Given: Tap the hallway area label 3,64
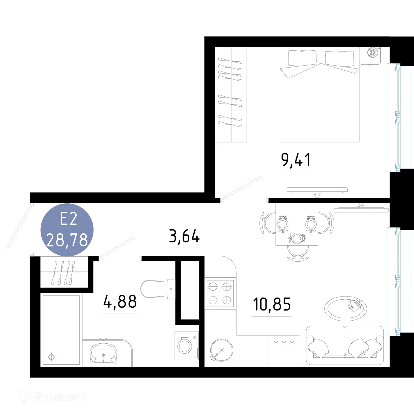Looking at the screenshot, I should [x=184, y=236].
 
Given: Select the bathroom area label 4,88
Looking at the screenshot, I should [x=120, y=302].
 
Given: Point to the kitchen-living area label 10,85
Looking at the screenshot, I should [x=272, y=304].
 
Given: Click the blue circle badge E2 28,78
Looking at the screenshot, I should [x=67, y=230].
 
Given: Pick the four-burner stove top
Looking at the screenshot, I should [x=220, y=293].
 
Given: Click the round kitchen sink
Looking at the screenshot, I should [x=221, y=350].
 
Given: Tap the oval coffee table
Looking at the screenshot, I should [x=345, y=309].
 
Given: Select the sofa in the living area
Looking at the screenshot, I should [x=345, y=345].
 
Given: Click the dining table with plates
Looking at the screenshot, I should [x=297, y=224].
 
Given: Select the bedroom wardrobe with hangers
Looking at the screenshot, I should [x=231, y=95].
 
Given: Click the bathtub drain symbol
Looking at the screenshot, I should [x=51, y=357].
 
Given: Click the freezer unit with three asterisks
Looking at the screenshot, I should [x=284, y=351].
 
